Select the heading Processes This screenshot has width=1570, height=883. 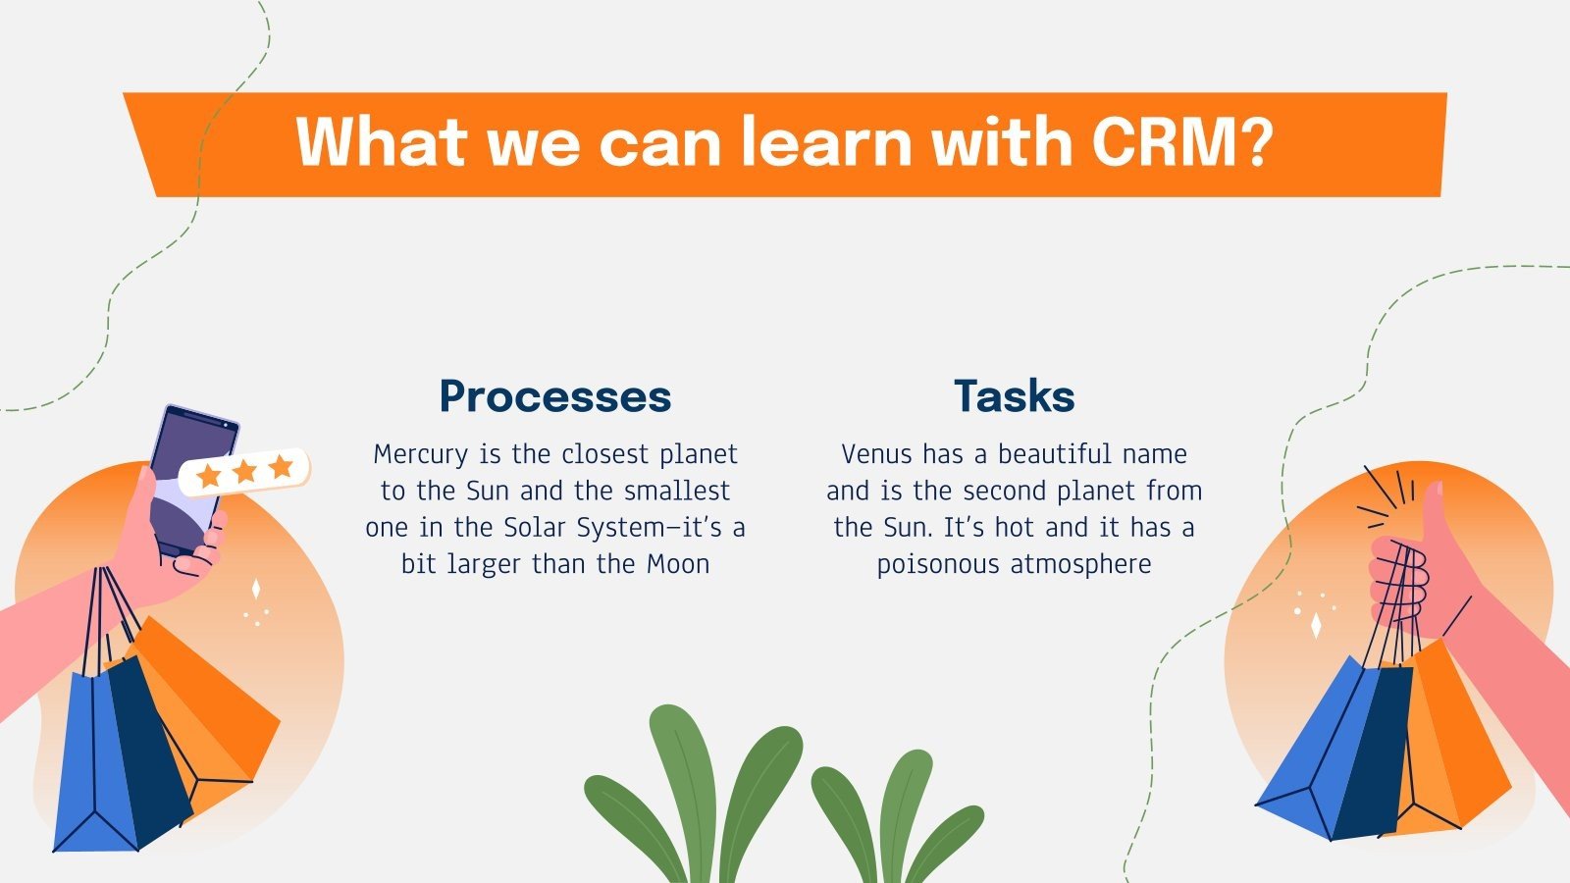(x=554, y=396)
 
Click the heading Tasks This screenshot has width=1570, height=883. (x=1014, y=396)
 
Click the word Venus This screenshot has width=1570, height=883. (x=876, y=454)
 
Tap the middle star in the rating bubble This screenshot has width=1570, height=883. (x=244, y=472)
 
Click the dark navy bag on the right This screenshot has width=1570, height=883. (x=1374, y=755)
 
